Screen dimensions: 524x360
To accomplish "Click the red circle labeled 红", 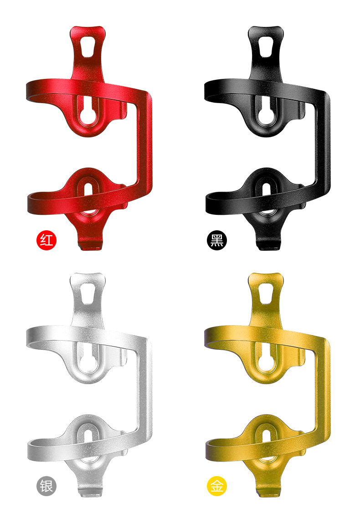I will (46, 240).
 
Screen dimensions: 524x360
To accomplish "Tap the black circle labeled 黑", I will (217, 240).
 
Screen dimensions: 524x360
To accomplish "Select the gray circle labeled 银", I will (46, 486).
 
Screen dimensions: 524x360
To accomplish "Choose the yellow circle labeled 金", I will (217, 486).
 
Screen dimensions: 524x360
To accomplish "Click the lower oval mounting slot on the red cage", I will (88, 194).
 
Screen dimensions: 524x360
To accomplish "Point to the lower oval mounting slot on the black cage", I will (266, 194).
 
